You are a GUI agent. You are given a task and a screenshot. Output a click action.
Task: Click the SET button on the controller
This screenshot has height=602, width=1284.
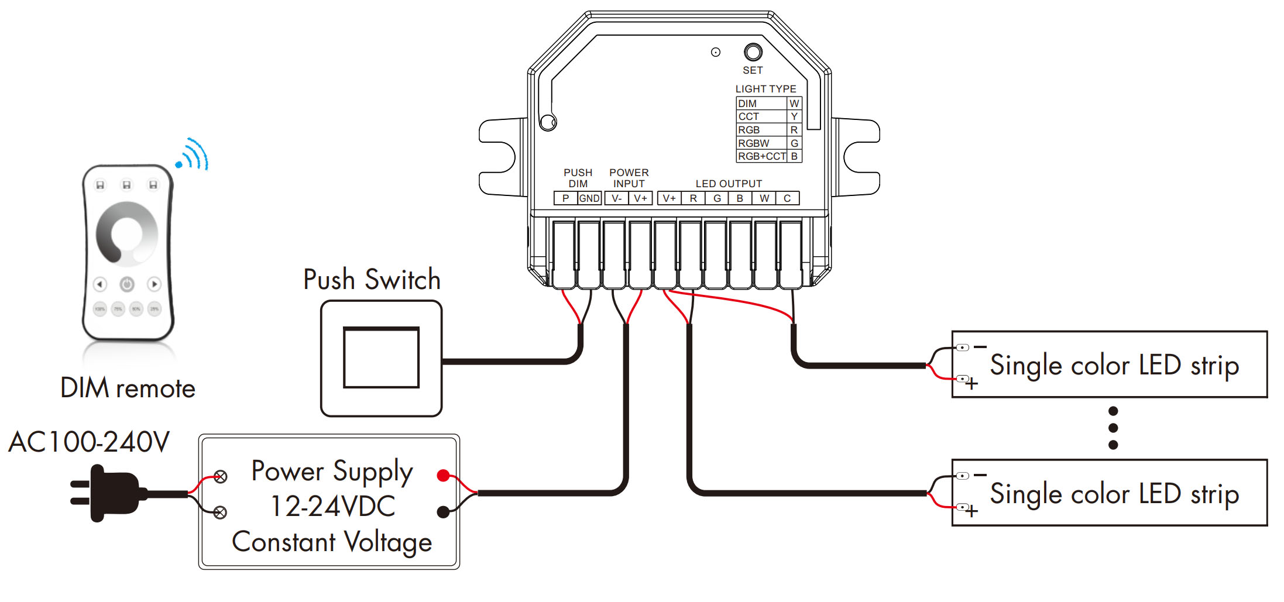pyautogui.click(x=753, y=53)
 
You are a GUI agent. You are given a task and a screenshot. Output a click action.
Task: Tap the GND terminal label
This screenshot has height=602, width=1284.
pyautogui.click(x=589, y=198)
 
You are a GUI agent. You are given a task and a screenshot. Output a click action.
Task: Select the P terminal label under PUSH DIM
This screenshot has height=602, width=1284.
pyautogui.click(x=565, y=198)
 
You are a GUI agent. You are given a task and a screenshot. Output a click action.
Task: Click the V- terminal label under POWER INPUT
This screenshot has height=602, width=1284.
pyautogui.click(x=616, y=198)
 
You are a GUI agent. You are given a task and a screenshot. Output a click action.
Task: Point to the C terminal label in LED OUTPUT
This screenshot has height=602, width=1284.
pyautogui.click(x=787, y=198)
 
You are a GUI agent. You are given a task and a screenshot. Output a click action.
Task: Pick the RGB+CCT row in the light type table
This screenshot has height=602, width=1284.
pyautogui.click(x=761, y=156)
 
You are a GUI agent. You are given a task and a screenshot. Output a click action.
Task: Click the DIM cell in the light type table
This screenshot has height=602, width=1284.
pyautogui.click(x=747, y=104)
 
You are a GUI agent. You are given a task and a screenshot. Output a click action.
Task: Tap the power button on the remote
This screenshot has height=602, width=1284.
pyautogui.click(x=127, y=284)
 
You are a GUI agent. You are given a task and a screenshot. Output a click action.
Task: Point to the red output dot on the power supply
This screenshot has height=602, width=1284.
pyautogui.click(x=444, y=475)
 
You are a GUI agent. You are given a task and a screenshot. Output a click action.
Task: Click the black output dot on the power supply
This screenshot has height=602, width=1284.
pyautogui.click(x=444, y=512)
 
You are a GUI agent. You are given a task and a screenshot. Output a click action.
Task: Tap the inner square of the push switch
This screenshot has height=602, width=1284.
pyautogui.click(x=381, y=357)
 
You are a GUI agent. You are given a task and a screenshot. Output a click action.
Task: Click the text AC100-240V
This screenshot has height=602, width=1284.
pyautogui.click(x=89, y=442)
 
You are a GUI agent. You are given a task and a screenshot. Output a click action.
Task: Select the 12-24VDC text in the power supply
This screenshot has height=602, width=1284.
pyautogui.click(x=332, y=506)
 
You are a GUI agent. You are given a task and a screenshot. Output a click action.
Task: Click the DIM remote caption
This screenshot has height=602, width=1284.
pyautogui.click(x=128, y=388)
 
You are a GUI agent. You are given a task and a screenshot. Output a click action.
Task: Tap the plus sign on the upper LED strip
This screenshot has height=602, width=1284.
pyautogui.click(x=971, y=384)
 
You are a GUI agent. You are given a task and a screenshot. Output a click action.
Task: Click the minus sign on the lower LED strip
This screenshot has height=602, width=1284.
pyautogui.click(x=980, y=475)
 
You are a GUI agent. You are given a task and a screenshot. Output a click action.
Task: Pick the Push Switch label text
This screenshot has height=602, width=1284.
pyautogui.click(x=372, y=280)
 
